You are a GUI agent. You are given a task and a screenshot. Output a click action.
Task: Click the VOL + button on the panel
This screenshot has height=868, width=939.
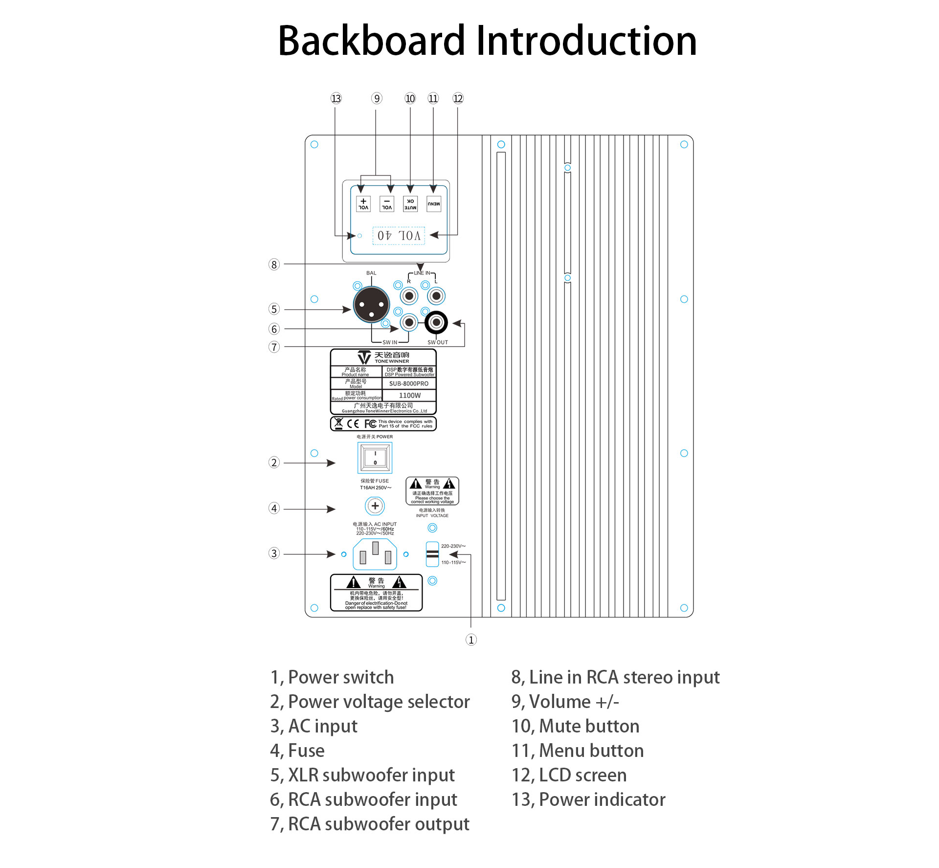(363, 204)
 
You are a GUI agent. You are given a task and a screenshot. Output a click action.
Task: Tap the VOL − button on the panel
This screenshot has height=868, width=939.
(387, 204)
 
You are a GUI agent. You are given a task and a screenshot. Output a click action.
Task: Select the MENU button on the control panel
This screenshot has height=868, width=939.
(434, 204)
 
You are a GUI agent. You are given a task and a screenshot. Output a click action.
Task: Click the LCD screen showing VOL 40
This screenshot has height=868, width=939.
(399, 235)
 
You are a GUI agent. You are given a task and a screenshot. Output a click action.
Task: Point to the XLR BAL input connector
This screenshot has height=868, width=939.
(371, 304)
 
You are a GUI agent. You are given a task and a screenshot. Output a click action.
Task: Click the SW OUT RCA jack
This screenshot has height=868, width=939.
(436, 322)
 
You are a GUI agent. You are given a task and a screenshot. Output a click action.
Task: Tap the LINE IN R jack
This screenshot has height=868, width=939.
(409, 296)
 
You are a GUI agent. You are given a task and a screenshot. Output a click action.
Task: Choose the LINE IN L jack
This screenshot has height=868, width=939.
(436, 296)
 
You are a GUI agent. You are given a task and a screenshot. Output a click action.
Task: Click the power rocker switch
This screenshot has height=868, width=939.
(375, 458)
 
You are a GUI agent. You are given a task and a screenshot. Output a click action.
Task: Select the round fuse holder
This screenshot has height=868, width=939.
(375, 506)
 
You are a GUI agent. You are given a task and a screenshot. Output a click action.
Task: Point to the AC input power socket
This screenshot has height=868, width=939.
(375, 554)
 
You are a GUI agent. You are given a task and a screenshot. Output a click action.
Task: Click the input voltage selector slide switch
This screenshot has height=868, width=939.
(432, 554)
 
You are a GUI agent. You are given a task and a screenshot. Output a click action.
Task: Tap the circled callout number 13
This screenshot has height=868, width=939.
(336, 98)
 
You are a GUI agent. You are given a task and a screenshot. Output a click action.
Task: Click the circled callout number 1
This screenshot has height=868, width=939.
(471, 640)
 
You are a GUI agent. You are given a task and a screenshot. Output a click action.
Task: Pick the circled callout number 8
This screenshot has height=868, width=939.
(274, 265)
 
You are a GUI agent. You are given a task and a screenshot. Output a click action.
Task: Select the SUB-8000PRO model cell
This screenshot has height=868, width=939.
(409, 384)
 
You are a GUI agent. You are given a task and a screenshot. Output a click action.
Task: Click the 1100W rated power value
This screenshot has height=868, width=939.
(409, 395)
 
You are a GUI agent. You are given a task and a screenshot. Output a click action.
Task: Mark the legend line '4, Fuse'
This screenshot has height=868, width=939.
(297, 751)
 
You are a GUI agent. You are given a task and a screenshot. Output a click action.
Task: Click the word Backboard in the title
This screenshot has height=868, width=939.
(372, 41)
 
